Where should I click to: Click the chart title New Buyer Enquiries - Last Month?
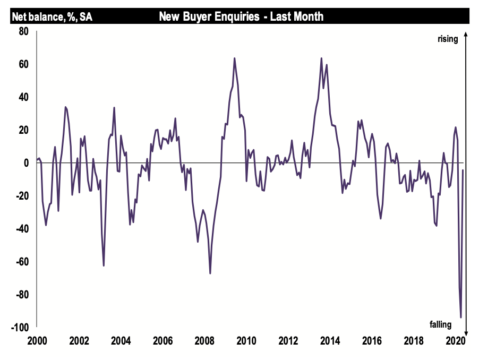tap(241, 17)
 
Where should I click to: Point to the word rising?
tap(448, 39)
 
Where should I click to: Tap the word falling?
tap(440, 324)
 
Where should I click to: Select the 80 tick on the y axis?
tap(22, 31)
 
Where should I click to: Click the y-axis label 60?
tap(22, 64)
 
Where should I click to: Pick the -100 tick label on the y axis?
tap(19, 328)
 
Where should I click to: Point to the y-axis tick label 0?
tap(25, 163)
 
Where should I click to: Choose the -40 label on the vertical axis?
tap(20, 229)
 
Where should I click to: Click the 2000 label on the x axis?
tap(37, 340)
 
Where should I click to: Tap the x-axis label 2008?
tap(204, 340)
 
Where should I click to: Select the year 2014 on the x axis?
tap(330, 340)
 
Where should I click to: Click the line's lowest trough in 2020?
tap(461, 318)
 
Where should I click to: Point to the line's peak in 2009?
tap(234, 58)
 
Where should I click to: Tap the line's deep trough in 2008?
tap(210, 273)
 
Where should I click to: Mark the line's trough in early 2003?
tap(104, 265)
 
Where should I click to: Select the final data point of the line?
tap(463, 170)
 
